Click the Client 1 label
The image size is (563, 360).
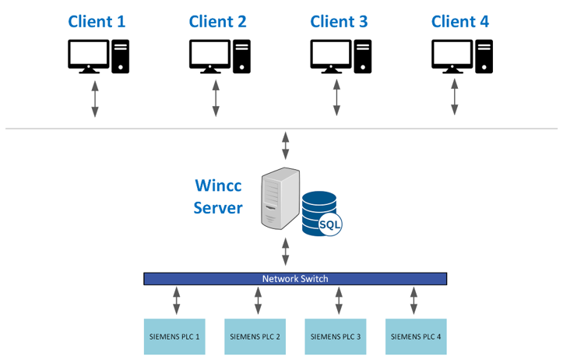tap(97, 22)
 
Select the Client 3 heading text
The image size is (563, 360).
tap(339, 22)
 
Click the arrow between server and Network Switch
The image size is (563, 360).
tap(286, 252)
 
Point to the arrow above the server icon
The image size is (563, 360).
tap(286, 146)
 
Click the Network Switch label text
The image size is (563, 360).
tap(295, 278)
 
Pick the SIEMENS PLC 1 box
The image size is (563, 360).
tap(174, 337)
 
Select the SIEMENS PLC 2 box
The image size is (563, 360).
tap(255, 337)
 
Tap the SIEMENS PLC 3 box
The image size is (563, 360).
tap(336, 337)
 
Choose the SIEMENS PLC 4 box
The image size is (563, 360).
tap(416, 337)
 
